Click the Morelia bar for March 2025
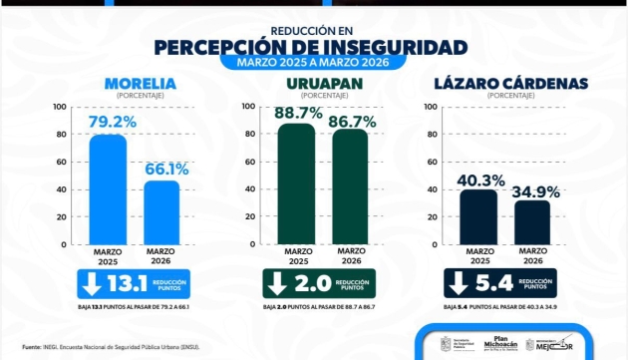[x=108, y=189]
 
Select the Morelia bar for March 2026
[x=160, y=211]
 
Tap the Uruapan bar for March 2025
[x=296, y=183]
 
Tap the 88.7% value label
[x=298, y=113]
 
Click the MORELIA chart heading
[x=135, y=83]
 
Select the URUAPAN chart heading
[x=323, y=83]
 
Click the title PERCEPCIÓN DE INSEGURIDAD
[x=311, y=47]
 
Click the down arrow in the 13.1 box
[x=92, y=283]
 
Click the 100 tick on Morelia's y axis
[x=61, y=107]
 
